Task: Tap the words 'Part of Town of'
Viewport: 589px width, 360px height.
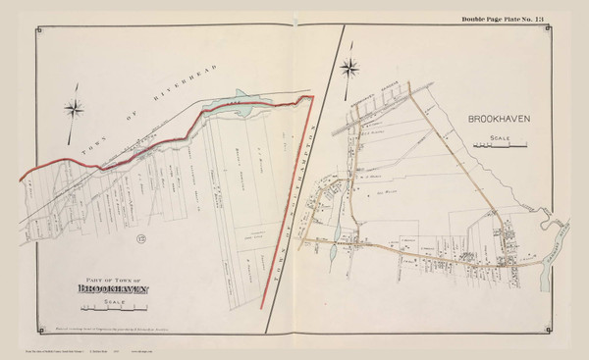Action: coord(116,279)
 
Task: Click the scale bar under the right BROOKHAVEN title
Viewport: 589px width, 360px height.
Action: coord(500,146)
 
